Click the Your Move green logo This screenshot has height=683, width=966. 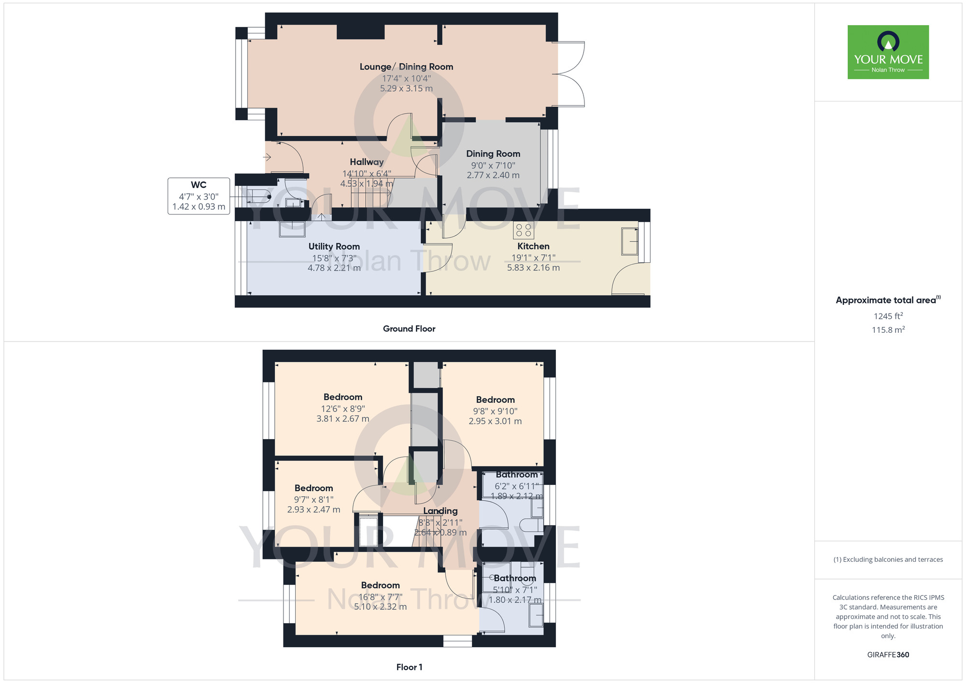point(888,52)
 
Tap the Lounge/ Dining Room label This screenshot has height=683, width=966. point(406,67)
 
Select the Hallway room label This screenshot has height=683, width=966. point(367,162)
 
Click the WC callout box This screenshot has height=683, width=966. point(199,196)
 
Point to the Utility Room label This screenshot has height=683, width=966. point(334,246)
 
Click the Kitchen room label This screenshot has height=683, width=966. point(533,246)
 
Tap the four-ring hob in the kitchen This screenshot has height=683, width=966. point(524,230)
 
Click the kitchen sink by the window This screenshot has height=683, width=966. point(630,241)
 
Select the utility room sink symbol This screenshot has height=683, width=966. point(292,229)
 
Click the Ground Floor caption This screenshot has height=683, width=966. point(409,328)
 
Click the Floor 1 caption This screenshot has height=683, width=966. point(409,667)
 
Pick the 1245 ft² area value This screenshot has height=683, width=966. point(888,316)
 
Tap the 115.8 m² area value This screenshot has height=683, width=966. point(888,330)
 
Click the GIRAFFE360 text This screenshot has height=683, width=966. point(888,655)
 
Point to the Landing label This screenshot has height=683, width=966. point(440,511)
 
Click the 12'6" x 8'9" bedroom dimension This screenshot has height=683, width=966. point(343,409)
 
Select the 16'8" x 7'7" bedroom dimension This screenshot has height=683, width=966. point(380,597)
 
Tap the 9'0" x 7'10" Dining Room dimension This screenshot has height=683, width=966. point(493,165)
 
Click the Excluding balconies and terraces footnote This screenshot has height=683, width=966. point(888,559)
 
